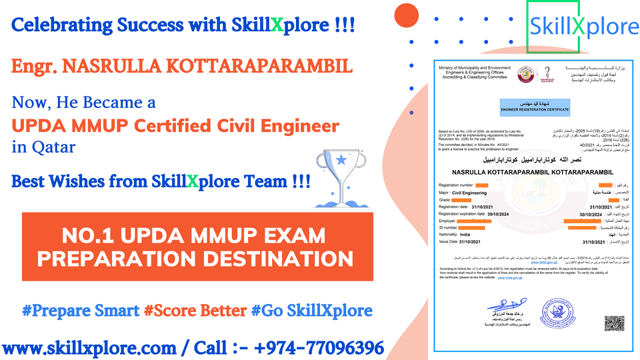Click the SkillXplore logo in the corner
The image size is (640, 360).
[x=583, y=27]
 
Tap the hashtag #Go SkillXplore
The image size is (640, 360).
[x=311, y=310]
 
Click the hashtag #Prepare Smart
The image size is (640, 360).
[x=81, y=310]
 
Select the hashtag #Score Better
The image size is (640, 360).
[x=195, y=310]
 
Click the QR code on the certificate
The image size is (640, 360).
[x=614, y=324]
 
